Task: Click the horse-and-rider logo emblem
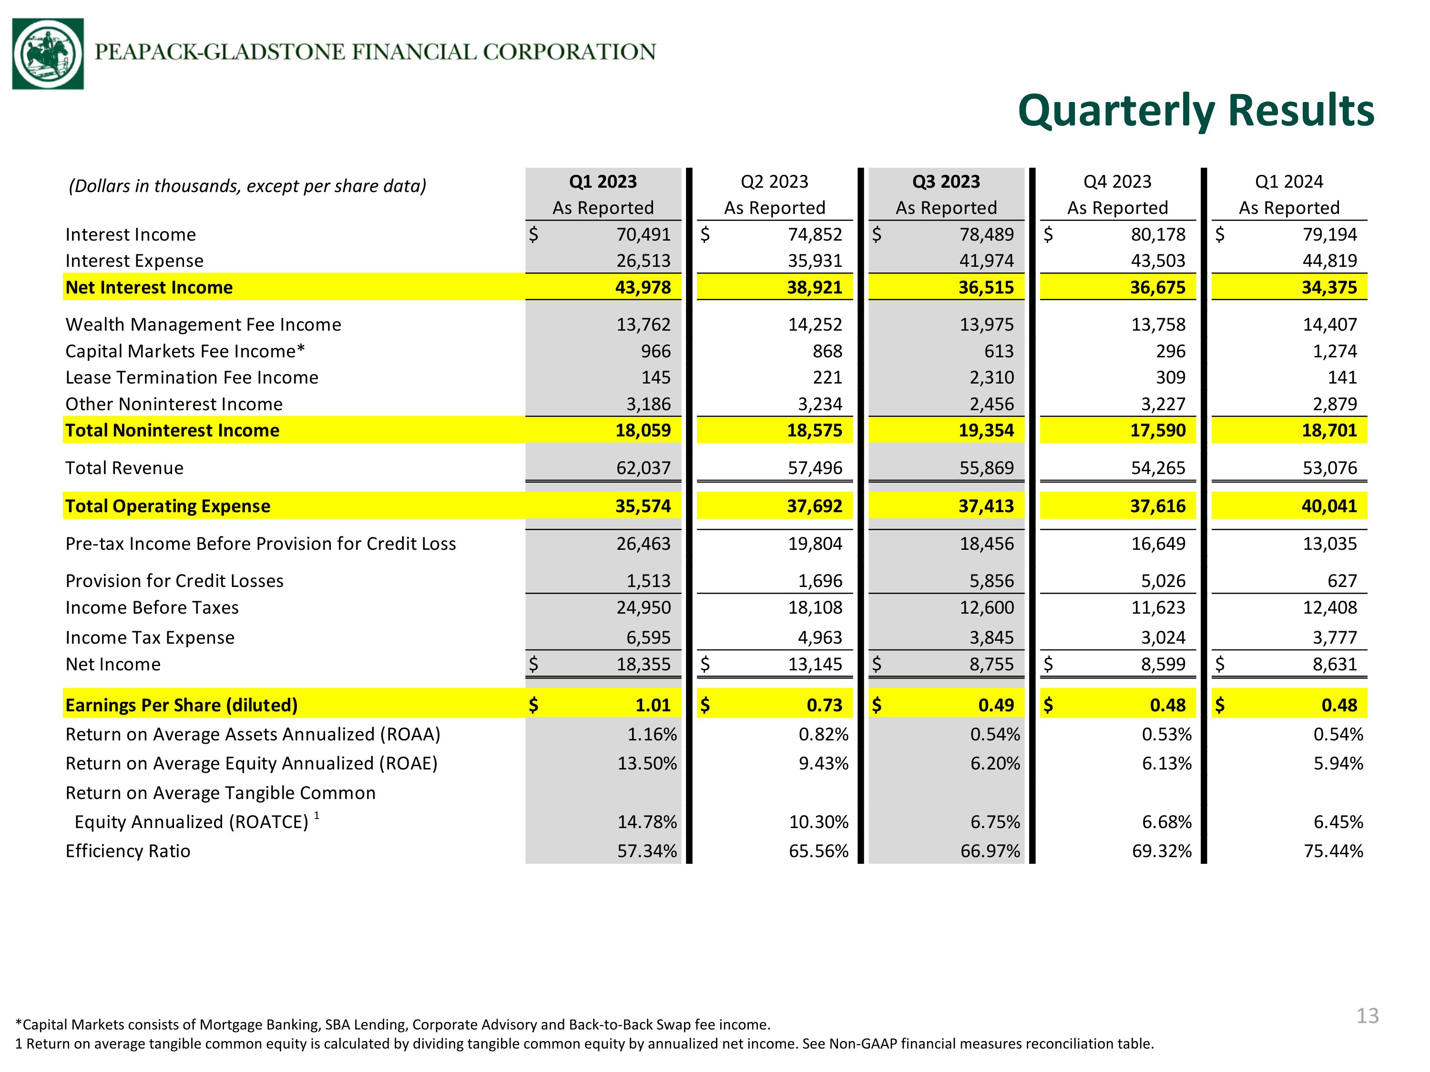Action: (x=48, y=54)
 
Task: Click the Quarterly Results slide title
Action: (x=1196, y=111)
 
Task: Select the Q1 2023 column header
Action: (x=603, y=182)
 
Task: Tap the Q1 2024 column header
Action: (x=1289, y=182)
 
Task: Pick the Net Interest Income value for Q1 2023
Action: (x=643, y=288)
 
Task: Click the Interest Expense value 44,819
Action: (x=1330, y=261)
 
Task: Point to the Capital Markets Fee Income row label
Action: (x=185, y=351)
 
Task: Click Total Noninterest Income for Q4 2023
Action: (x=1158, y=430)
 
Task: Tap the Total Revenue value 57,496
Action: (x=815, y=468)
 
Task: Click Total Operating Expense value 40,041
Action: (x=1330, y=506)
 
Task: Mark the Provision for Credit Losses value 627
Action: (x=1342, y=581)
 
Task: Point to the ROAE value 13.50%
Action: (x=647, y=764)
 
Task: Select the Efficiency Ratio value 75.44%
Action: (x=1334, y=851)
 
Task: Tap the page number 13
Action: (x=1367, y=1016)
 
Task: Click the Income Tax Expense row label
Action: (x=150, y=638)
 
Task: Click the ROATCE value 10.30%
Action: (x=818, y=822)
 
